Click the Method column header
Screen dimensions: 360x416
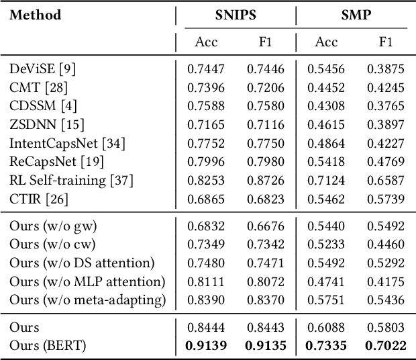tap(35, 15)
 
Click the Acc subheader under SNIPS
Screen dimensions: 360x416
tap(207, 42)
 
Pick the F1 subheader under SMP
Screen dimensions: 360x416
tap(386, 42)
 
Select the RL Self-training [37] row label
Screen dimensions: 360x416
tap(71, 180)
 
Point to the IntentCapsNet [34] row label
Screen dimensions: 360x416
tap(67, 143)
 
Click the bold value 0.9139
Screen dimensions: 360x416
tap(207, 345)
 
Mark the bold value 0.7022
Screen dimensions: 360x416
tap(386, 345)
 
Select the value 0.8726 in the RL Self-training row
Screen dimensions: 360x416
tap(265, 180)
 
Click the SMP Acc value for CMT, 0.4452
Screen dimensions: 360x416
tap(327, 87)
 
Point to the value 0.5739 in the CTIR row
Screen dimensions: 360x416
tap(386, 199)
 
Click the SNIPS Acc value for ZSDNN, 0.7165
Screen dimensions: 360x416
tap(207, 124)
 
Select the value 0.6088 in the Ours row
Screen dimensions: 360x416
tap(327, 327)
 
